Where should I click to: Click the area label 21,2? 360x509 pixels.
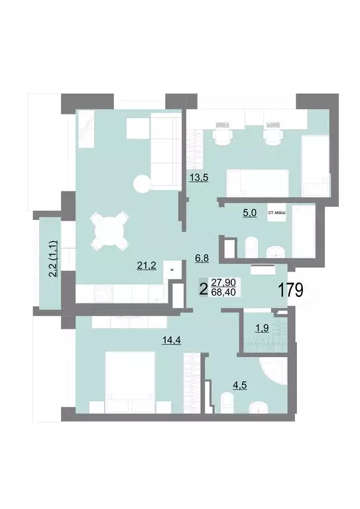pos(147,266)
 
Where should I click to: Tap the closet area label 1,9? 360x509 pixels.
pos(262,327)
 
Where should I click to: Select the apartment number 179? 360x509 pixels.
pos(289,290)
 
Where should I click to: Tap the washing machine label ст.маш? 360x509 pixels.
pos(277,213)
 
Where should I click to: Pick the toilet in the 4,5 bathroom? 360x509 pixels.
pos(226,402)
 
